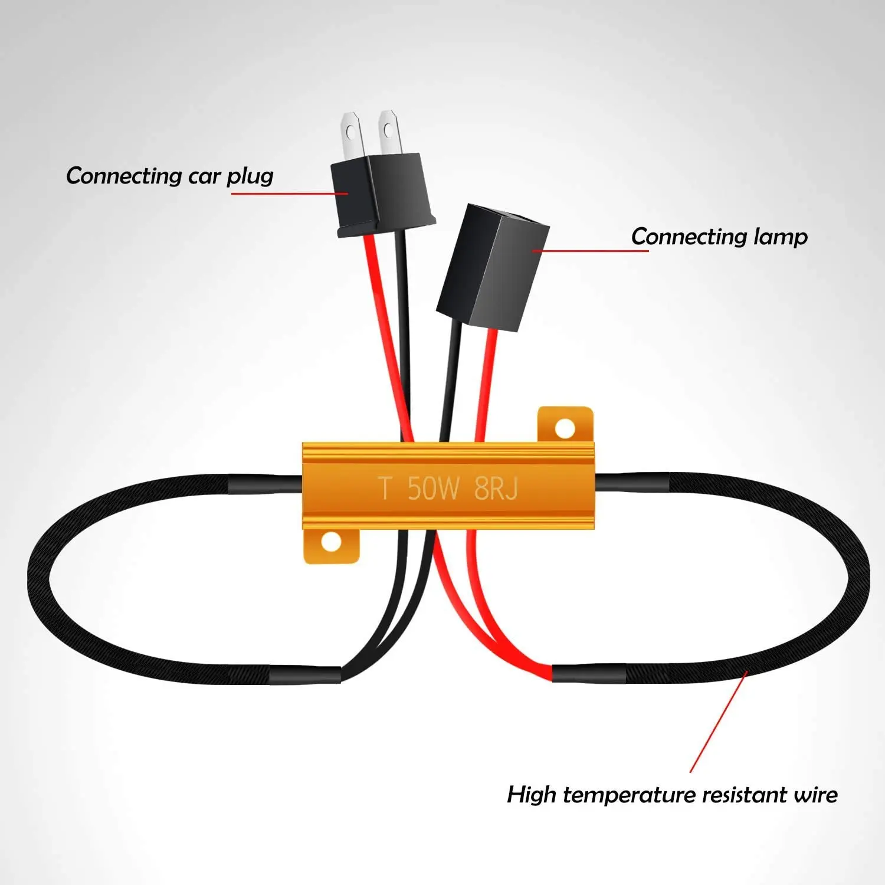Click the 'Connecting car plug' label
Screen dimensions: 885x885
pos(169,176)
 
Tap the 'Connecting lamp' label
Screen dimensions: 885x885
pos(719,237)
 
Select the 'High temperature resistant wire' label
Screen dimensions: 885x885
pos(672,795)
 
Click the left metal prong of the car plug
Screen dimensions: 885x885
pos(350,135)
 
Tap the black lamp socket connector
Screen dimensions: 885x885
pos(493,267)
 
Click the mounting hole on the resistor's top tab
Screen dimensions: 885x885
pos(565,428)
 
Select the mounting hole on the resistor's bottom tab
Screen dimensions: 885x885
pos(332,542)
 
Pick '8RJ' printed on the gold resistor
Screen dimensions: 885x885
pos(496,489)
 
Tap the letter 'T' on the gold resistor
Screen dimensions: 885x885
pos(385,489)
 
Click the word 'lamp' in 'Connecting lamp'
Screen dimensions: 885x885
pos(780,237)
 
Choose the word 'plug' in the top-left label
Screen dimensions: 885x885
pos(250,176)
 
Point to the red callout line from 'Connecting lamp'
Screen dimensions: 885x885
pos(590,251)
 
